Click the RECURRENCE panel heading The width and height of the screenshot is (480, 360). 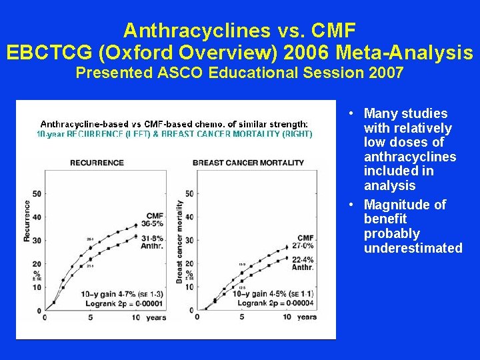(97, 163)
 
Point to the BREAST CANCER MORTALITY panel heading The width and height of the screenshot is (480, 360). (248, 163)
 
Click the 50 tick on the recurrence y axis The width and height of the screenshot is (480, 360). (37, 193)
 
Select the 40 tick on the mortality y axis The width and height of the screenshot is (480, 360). (189, 217)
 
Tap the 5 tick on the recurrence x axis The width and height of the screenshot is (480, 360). (90, 317)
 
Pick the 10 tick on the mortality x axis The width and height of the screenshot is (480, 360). (287, 317)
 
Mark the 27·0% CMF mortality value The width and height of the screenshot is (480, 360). (303, 246)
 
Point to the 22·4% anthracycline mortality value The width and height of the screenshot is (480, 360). (303, 260)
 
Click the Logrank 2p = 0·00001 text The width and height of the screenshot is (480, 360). (122, 303)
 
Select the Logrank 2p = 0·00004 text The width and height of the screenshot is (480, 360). (273, 303)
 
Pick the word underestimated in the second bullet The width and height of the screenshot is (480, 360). (413, 248)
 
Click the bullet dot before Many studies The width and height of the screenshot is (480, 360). (351, 114)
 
